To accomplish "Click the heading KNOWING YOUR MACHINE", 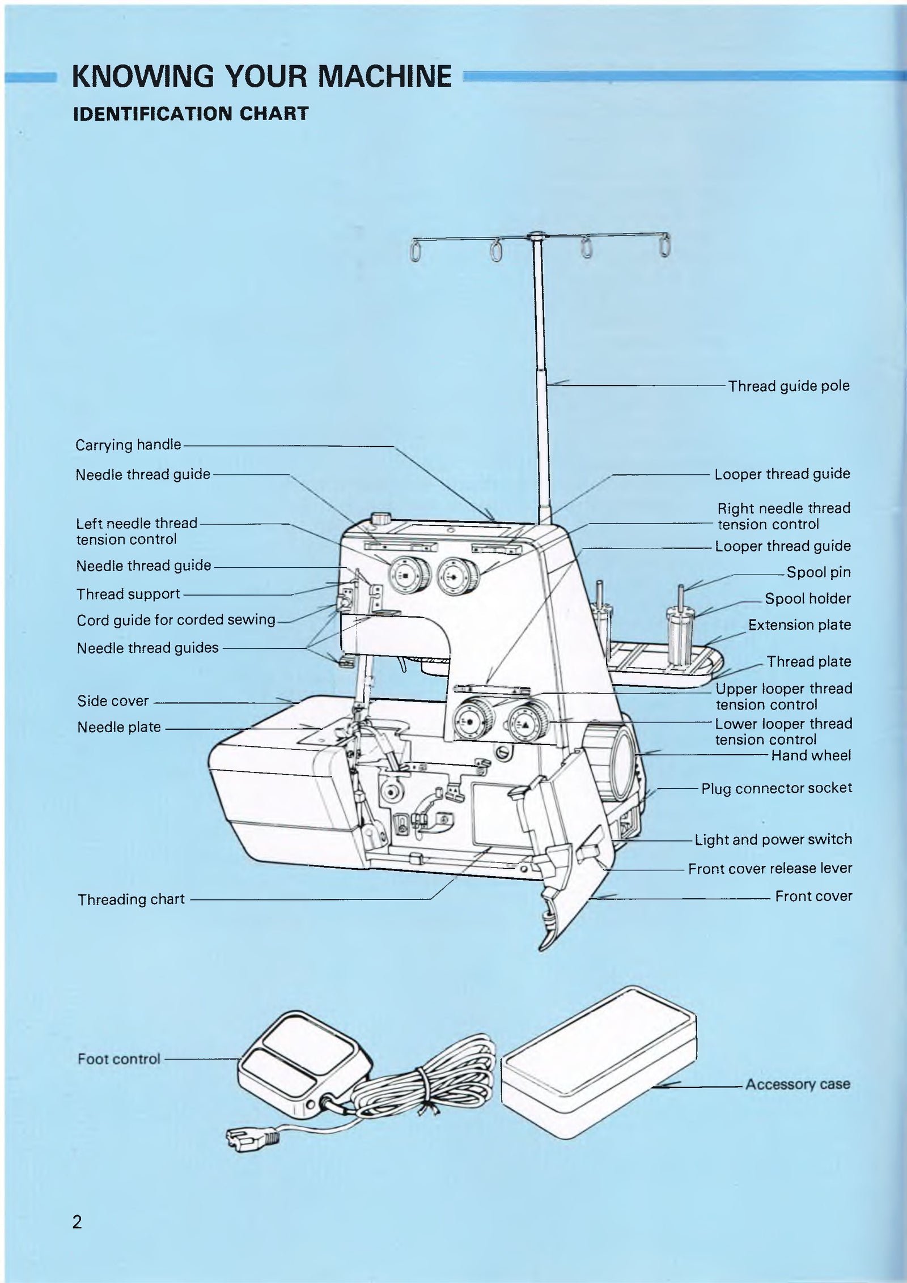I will (x=262, y=77).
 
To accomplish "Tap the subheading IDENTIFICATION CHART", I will (x=191, y=113).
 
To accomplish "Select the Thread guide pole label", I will (x=789, y=386).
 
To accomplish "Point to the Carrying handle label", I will (x=128, y=445).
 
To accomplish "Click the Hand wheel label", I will (x=811, y=755).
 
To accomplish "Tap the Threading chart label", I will (x=131, y=899).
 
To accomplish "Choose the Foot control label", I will (x=119, y=1059).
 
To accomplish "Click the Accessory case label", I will (x=798, y=1084).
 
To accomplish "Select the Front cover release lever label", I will (x=770, y=868).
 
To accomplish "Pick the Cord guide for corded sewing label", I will (x=176, y=620).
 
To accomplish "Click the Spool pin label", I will (x=819, y=572).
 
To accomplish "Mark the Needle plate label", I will (x=119, y=727).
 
